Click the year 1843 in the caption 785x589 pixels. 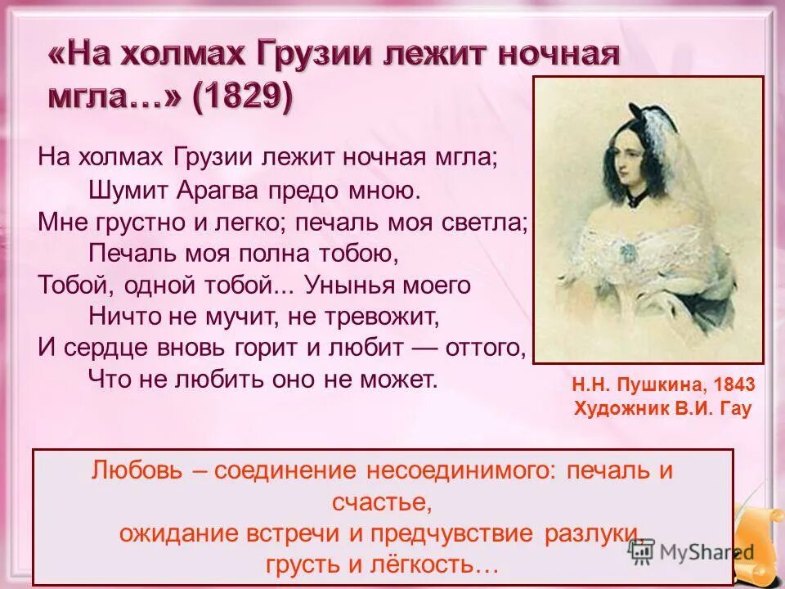point(733,384)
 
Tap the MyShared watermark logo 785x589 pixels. point(695,551)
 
